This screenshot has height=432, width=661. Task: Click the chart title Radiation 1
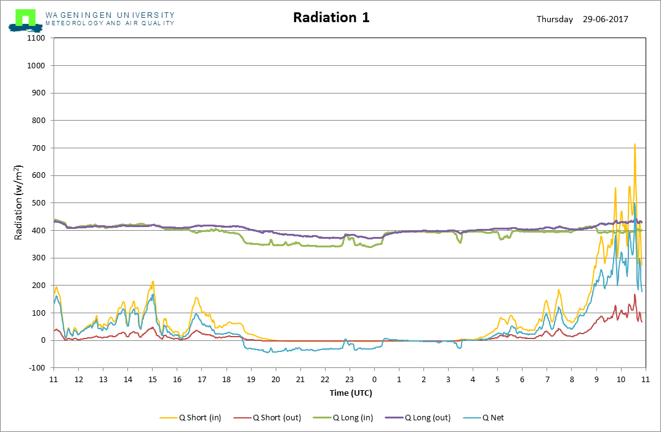[331, 17]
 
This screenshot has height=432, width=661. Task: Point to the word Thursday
[555, 19]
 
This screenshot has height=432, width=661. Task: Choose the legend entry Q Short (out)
[276, 418]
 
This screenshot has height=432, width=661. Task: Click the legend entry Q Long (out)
[428, 418]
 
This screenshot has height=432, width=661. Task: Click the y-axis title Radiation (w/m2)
[19, 202]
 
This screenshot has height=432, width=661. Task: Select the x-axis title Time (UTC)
[350, 393]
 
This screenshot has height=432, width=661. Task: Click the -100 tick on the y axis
[38, 368]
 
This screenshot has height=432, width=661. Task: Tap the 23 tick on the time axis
[350, 379]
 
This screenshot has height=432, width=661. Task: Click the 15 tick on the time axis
[152, 379]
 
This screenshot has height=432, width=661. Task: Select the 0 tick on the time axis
[374, 379]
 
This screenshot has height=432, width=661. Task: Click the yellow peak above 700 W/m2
[635, 145]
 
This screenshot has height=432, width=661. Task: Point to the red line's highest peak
[635, 295]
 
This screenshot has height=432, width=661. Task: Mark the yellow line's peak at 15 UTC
[153, 282]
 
